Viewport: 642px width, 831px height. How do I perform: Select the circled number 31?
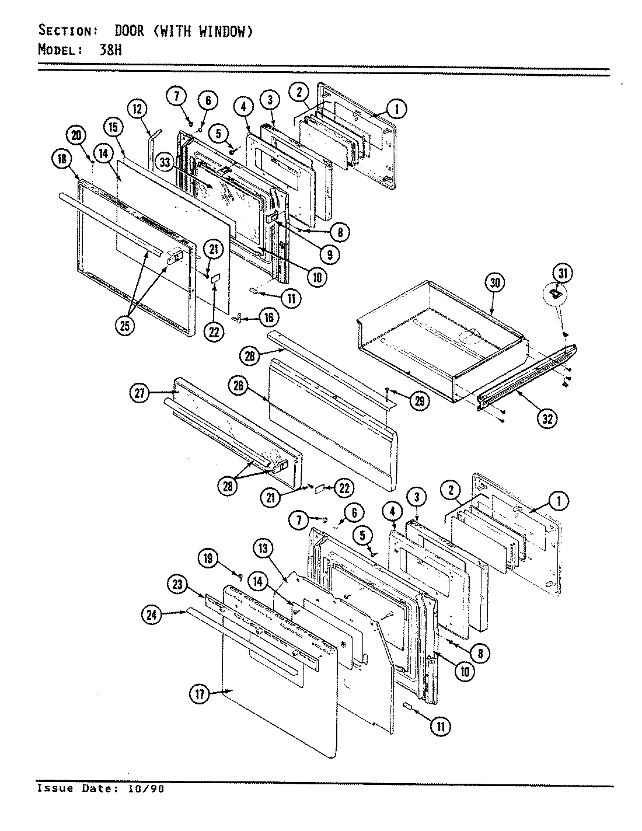[563, 273]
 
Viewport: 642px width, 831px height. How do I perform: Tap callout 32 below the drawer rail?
[547, 418]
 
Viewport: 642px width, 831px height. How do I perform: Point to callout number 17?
[200, 694]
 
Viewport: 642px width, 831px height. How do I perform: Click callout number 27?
[138, 394]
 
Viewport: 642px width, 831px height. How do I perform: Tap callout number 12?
[138, 109]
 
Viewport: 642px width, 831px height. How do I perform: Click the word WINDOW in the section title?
[222, 31]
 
